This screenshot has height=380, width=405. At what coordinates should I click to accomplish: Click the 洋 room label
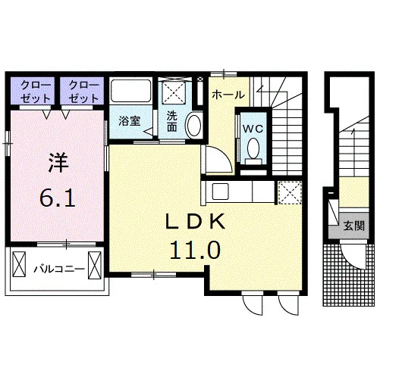(58, 163)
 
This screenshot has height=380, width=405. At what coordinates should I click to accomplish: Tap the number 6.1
(58, 198)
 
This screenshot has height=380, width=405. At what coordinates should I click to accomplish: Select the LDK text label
(195, 222)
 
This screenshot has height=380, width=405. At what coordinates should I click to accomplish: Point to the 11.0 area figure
(195, 250)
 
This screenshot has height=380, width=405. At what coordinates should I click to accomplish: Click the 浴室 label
(130, 121)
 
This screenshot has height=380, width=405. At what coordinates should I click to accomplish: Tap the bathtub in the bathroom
(130, 91)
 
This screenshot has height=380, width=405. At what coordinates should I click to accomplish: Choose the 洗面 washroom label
(171, 121)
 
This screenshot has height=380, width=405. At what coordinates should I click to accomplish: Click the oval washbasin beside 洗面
(194, 126)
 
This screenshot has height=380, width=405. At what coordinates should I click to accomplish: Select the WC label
(253, 129)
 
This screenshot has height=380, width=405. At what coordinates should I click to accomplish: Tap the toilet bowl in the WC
(253, 148)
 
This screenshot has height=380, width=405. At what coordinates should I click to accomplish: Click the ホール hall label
(228, 95)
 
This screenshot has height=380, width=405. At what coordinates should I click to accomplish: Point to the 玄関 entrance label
(354, 226)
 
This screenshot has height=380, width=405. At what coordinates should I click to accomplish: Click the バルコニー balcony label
(60, 269)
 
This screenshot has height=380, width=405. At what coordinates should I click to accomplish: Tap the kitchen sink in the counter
(220, 192)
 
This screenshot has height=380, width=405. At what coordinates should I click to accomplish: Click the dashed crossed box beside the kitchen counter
(290, 192)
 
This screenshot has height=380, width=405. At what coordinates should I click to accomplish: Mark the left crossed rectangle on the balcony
(20, 264)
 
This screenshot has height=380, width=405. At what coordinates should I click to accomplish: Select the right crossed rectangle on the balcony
(95, 265)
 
